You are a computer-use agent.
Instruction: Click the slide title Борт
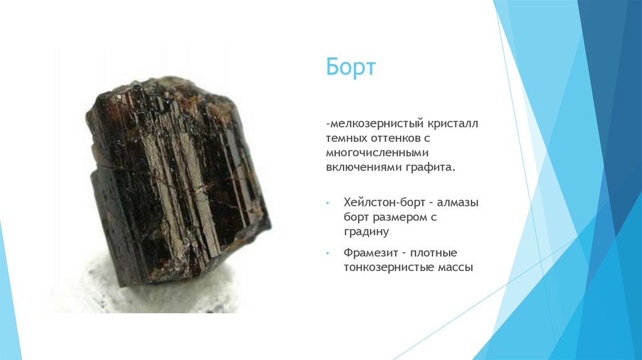pyautogui.click(x=350, y=67)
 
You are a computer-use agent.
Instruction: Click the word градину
pyautogui.click(x=367, y=232)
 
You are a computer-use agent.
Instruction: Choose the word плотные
pyautogui.click(x=434, y=253)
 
